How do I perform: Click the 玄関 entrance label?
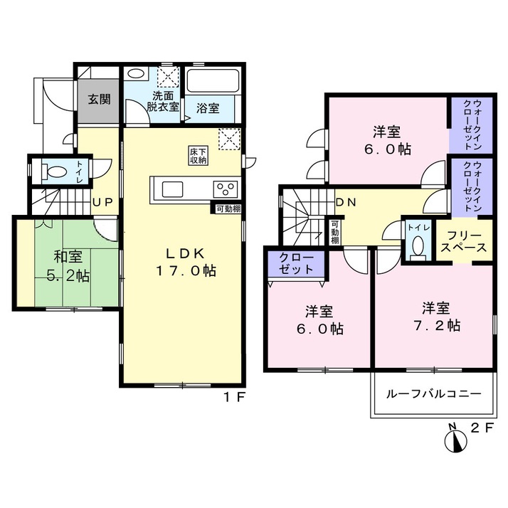(x=99, y=99)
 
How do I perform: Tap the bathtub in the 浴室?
(x=213, y=81)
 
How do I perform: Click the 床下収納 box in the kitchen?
(x=199, y=156)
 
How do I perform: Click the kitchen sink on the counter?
(x=172, y=189)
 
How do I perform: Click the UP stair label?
(x=102, y=203)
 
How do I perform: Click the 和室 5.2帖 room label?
(x=68, y=266)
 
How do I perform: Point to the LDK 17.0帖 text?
(x=186, y=262)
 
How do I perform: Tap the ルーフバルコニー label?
(x=434, y=394)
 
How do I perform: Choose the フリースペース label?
(x=464, y=242)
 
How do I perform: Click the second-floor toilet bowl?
(x=419, y=247)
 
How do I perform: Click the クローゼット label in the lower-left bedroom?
(x=296, y=263)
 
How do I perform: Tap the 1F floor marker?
(x=235, y=397)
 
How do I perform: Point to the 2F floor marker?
(x=482, y=428)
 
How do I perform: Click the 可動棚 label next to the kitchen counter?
(x=228, y=209)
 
